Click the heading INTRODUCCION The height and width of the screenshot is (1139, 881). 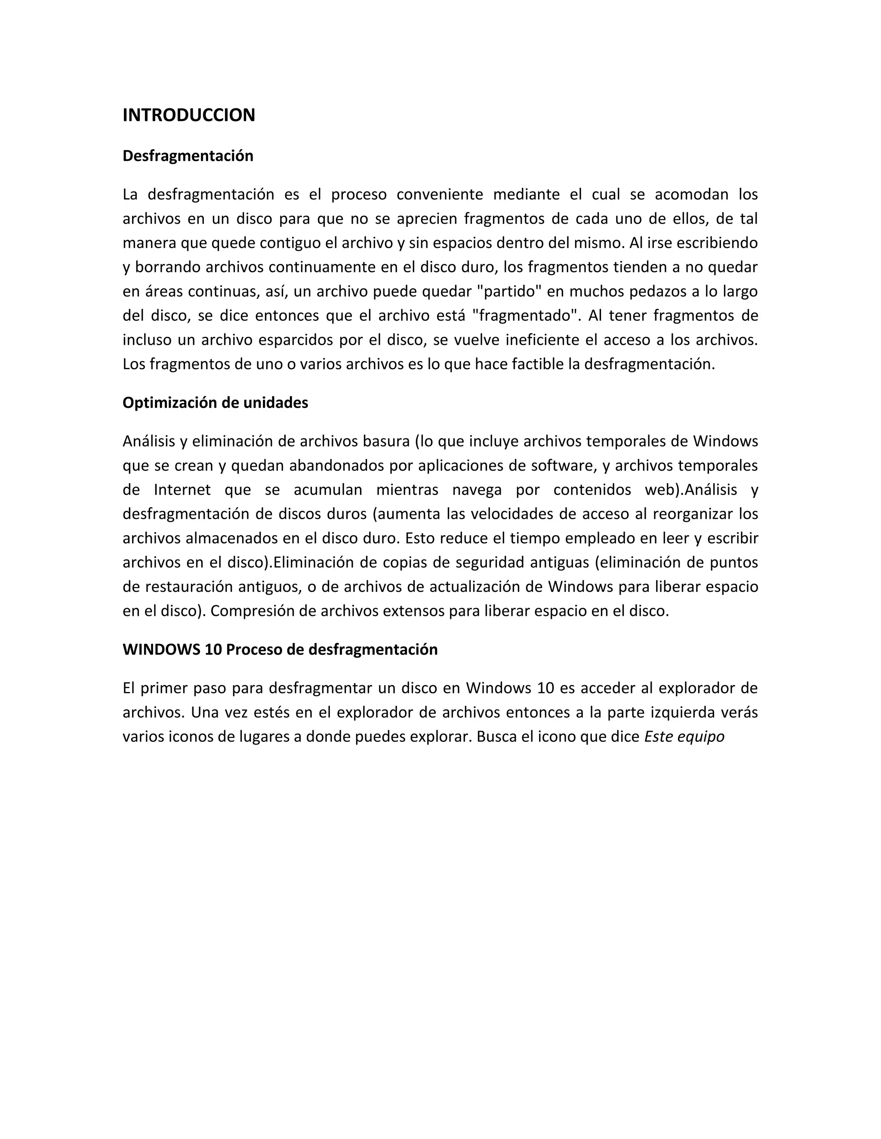coord(188,115)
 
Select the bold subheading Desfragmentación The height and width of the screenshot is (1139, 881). coord(188,156)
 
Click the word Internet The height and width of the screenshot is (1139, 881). coord(182,490)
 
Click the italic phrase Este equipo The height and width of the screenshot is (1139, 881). coord(684,737)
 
